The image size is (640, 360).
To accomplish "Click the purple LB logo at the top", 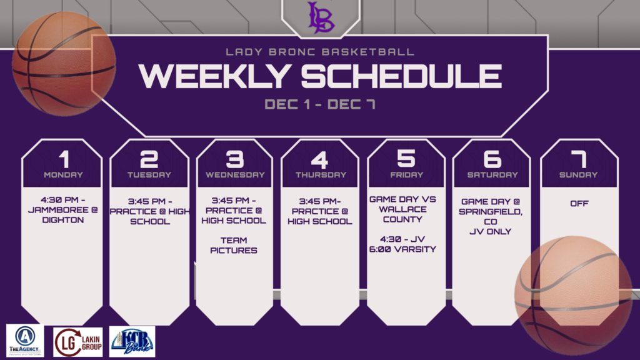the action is [321, 17].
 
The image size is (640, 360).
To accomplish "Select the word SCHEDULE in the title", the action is [401, 76].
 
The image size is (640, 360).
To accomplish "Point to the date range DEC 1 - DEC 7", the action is [320, 104].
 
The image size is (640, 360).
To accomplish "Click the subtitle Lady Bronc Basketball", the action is [320, 52].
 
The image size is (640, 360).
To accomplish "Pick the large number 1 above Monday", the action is [64, 159].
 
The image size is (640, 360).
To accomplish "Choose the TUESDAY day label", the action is [149, 175].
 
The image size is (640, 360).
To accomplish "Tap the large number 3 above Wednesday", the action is [235, 159].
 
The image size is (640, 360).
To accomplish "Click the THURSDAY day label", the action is [321, 175].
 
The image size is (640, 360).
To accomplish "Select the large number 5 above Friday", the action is [406, 158].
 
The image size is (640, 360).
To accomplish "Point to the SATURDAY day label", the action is [492, 175].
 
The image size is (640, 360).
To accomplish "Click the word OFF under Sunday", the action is [579, 203].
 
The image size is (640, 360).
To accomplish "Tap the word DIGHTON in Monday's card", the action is [63, 220].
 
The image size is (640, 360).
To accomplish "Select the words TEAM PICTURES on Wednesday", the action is [234, 245].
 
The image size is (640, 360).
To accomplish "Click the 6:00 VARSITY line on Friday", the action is [402, 249].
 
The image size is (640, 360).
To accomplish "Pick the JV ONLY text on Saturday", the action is [490, 231].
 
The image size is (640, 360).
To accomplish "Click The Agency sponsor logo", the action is [25, 341].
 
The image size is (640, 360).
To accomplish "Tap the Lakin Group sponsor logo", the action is [78, 342].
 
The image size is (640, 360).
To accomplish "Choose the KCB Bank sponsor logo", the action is [132, 342].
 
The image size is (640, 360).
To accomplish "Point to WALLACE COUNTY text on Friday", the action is [402, 214].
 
